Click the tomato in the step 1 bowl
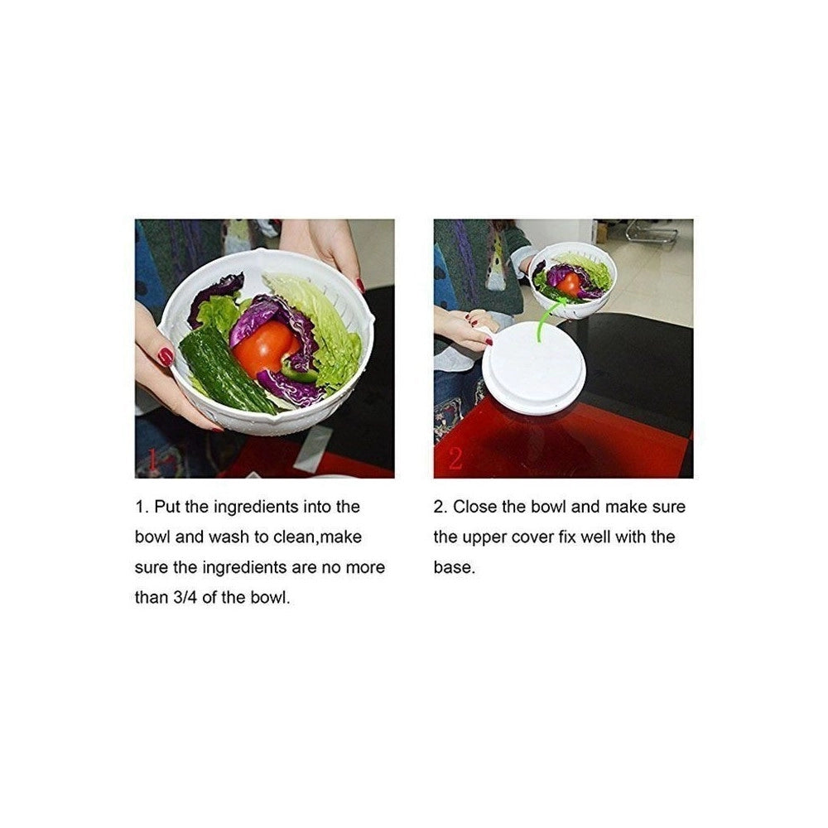click(265, 348)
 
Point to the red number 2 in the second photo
click(455, 457)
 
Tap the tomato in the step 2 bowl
click(568, 283)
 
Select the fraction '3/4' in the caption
click(184, 597)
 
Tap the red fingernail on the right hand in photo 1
click(360, 285)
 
